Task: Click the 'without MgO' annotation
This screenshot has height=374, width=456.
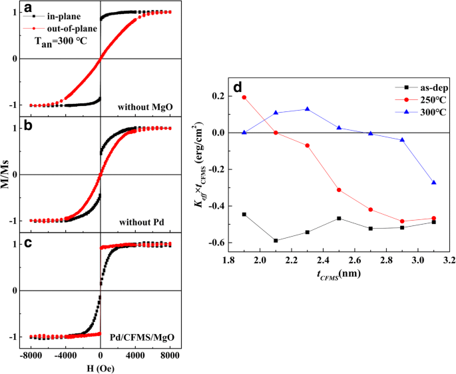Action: pos(143,107)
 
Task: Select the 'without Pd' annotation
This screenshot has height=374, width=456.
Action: pos(147,223)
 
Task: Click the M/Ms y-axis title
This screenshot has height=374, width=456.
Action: pos(9,175)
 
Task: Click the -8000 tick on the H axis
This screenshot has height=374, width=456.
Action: pos(31,352)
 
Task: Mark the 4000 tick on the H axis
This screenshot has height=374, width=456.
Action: pos(135,352)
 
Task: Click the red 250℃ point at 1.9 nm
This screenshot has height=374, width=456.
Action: pos(244,97)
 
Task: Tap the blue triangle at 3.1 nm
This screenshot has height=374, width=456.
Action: pos(434,183)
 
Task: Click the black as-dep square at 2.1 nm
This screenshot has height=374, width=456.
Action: pos(276,241)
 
